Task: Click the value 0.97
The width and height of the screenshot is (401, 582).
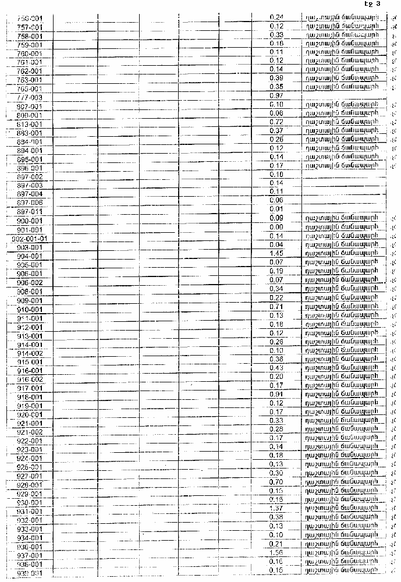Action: tap(277, 95)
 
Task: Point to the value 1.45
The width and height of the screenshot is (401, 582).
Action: tap(277, 253)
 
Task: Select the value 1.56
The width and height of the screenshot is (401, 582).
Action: tap(277, 552)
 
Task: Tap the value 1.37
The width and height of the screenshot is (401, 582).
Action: tap(277, 508)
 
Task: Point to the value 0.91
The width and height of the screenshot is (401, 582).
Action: tap(277, 394)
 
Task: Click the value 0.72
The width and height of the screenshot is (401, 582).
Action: tap(277, 122)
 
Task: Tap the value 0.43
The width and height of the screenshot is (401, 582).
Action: tap(277, 368)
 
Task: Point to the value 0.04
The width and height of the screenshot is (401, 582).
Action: tap(277, 244)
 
